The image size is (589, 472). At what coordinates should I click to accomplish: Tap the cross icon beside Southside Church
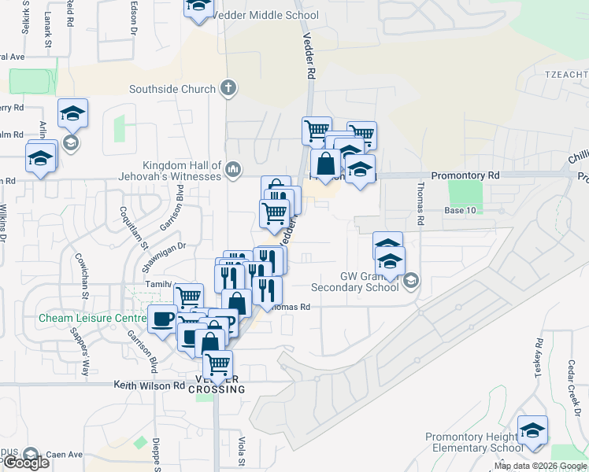228,87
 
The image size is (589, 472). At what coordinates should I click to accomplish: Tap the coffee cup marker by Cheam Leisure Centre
163,319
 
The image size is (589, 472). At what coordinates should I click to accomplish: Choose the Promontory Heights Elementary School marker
533,432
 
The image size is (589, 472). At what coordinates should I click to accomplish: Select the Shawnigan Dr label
165,246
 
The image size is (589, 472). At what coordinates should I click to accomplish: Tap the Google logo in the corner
26,463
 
